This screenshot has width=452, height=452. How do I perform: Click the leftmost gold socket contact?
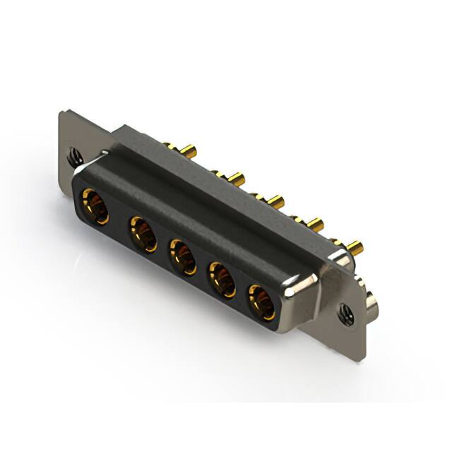coord(95,206)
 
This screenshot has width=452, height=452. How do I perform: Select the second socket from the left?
coord(143,233)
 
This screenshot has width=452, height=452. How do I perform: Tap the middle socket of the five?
coord(182,256)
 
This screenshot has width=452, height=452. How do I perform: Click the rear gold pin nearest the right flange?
coord(355,248)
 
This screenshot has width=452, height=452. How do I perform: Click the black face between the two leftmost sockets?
coord(119,220)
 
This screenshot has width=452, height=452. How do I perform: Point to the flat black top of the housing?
coord(212,191)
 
